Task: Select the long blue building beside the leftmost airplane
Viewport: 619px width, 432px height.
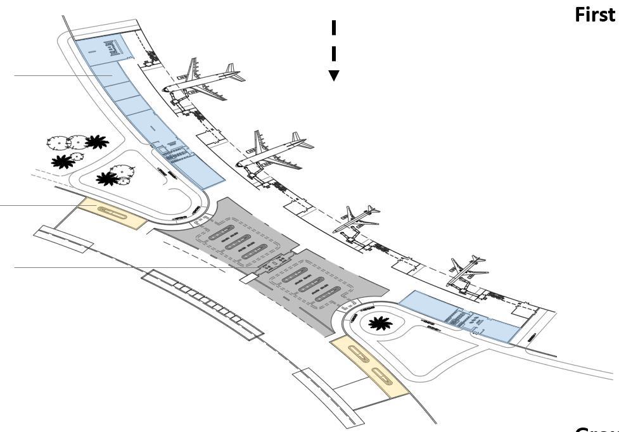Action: [x=143, y=111]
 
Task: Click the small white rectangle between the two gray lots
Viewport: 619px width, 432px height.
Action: [x=248, y=277]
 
